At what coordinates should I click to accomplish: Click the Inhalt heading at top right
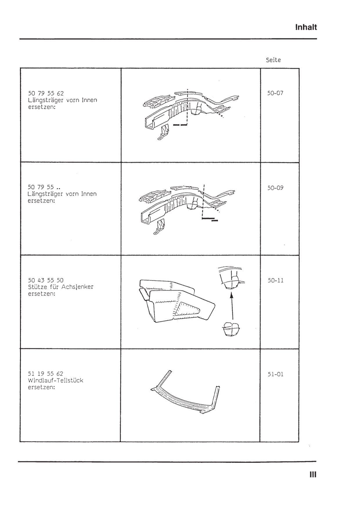[x=306, y=27]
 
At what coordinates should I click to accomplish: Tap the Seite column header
[x=273, y=60]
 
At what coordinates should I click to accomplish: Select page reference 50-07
[x=275, y=93]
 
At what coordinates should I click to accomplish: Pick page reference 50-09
[x=275, y=188]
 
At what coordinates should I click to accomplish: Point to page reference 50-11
[x=275, y=280]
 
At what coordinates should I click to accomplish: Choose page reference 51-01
[x=275, y=374]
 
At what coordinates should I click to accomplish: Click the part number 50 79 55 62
[x=46, y=93]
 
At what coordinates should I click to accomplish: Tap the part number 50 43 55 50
[x=46, y=280]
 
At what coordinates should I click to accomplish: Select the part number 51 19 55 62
[x=46, y=374]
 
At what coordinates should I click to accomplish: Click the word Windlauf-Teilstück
[x=55, y=380]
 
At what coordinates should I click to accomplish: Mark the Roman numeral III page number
[x=313, y=475]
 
